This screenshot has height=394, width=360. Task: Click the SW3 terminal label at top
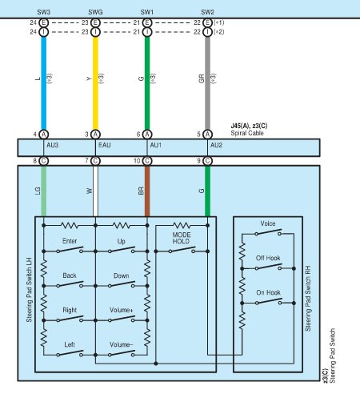click(44, 12)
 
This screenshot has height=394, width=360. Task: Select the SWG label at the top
click(95, 12)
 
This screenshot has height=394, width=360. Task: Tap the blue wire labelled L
click(44, 83)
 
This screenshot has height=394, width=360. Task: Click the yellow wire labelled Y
click(95, 83)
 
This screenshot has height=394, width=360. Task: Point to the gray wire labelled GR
click(207, 83)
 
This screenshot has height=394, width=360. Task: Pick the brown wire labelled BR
click(147, 191)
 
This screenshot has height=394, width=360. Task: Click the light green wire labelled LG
click(44, 191)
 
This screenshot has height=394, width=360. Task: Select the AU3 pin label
click(53, 145)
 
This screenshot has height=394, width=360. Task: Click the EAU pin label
click(105, 145)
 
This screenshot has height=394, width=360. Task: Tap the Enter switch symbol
click(70, 250)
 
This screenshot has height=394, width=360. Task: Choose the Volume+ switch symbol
click(122, 319)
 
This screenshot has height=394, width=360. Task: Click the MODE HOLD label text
click(182, 238)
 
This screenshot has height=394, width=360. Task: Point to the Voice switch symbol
click(268, 232)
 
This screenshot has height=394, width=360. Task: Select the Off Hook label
click(268, 258)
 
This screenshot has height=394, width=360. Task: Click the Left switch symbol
click(70, 353)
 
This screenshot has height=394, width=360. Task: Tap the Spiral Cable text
click(247, 133)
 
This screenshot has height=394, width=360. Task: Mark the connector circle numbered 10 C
click(147, 161)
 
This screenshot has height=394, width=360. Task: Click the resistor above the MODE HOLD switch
click(182, 226)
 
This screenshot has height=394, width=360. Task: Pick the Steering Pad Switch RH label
click(308, 299)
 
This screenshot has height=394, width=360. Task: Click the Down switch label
click(122, 275)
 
